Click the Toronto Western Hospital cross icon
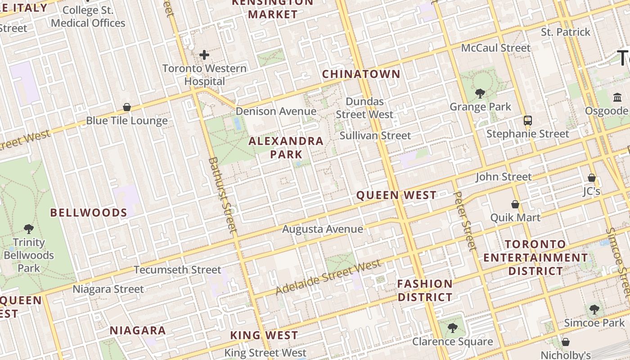[x=204, y=55]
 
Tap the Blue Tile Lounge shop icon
[x=127, y=107]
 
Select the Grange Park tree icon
[x=480, y=93]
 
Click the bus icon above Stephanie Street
[x=527, y=120]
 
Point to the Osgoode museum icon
[x=617, y=97]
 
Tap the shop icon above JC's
[x=592, y=178]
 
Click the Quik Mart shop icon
[x=515, y=204]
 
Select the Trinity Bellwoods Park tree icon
[x=29, y=229]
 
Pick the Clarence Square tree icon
[x=453, y=328]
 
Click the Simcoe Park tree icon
[x=594, y=309]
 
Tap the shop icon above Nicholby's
[x=566, y=342]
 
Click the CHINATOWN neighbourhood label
[x=361, y=74]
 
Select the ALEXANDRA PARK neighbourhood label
[x=286, y=148]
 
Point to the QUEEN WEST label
[x=396, y=195]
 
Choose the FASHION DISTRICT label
[x=425, y=290]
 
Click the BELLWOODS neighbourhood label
[x=89, y=213]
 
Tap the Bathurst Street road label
[x=222, y=195]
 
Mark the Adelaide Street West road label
[x=328, y=277]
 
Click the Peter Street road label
[x=464, y=220]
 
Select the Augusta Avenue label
[x=322, y=229]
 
